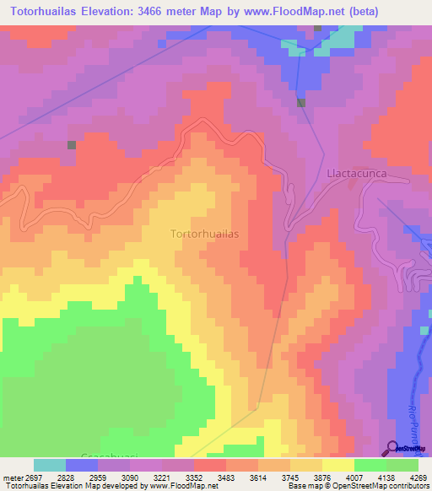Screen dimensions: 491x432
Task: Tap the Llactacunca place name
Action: click(x=354, y=172)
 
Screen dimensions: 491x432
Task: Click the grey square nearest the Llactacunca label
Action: click(x=301, y=103)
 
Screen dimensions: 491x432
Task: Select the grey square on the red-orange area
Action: click(x=71, y=144)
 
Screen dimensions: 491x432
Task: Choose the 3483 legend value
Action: click(x=225, y=477)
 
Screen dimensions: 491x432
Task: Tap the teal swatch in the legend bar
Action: click(x=50, y=465)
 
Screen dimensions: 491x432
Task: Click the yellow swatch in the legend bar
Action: click(x=338, y=465)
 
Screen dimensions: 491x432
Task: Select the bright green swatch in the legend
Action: click(x=370, y=465)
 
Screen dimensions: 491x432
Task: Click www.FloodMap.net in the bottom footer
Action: click(x=184, y=486)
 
